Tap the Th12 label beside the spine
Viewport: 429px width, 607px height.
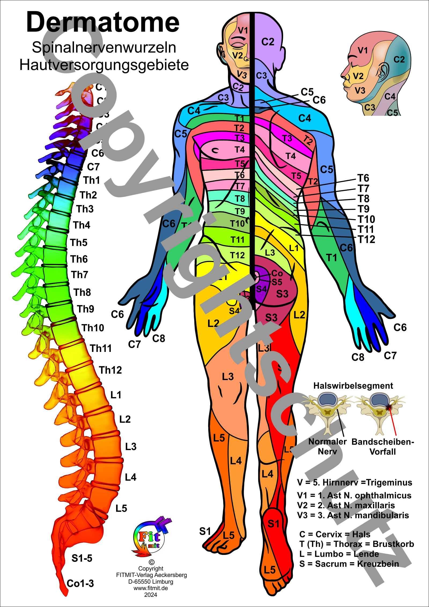tap(110, 370)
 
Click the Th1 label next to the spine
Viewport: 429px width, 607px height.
tap(91, 181)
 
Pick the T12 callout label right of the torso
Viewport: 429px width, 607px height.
tap(367, 239)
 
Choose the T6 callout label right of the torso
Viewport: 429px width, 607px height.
tap(363, 178)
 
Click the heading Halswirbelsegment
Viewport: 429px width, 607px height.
tap(353, 386)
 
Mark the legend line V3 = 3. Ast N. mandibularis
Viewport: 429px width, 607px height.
tap(353, 515)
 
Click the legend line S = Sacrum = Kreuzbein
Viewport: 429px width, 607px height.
tap(349, 564)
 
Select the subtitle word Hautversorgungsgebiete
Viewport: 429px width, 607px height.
tap(104, 65)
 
